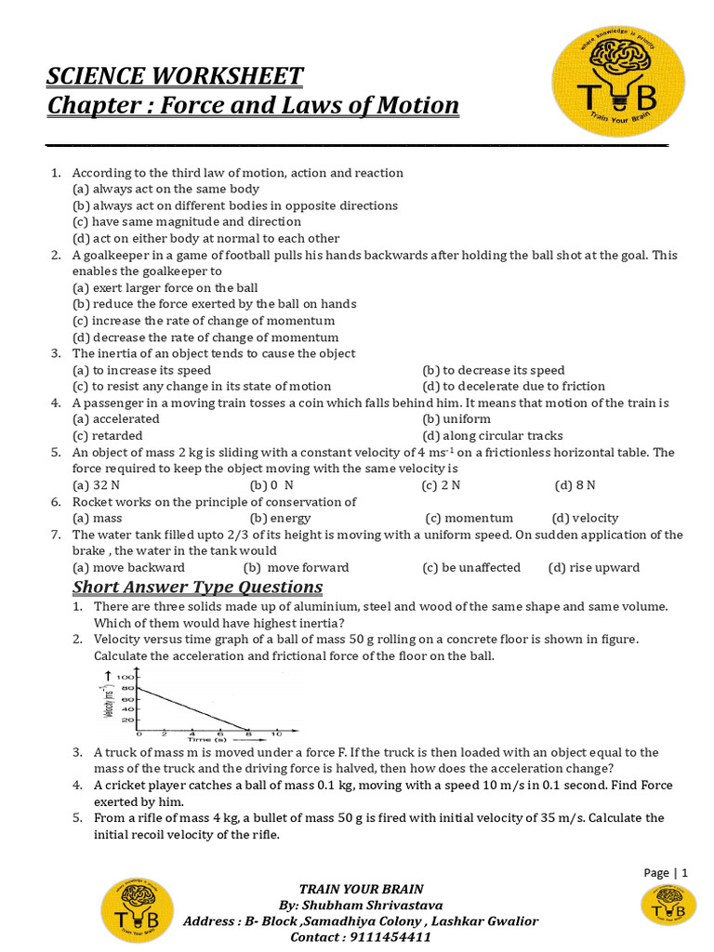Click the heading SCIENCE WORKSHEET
(x=175, y=75)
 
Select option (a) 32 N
(x=94, y=485)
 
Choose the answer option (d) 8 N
(x=575, y=485)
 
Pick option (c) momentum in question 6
(x=469, y=518)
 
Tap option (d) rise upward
(x=594, y=567)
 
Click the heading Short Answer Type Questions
(x=198, y=587)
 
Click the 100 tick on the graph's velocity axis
(x=128, y=676)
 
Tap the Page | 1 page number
(x=666, y=872)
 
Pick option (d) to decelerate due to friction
(x=513, y=386)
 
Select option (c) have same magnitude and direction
(x=187, y=222)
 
